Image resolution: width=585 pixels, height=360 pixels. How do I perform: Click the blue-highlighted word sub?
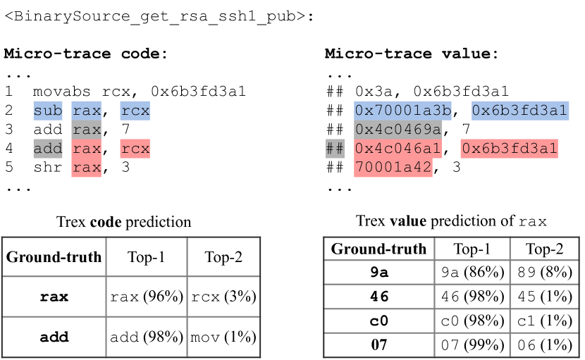[48, 111]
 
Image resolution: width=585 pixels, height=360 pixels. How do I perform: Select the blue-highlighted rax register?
[86, 111]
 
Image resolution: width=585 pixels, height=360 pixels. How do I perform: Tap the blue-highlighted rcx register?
[135, 111]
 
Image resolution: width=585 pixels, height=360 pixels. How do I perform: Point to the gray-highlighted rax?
[86, 130]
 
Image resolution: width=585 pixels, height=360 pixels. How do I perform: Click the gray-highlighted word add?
[48, 149]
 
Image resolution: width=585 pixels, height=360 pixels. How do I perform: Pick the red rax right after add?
[86, 149]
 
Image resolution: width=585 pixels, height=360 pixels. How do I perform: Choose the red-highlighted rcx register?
[135, 149]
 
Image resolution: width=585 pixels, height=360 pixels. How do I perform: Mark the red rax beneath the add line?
[86, 168]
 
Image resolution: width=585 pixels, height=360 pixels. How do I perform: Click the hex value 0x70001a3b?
[402, 111]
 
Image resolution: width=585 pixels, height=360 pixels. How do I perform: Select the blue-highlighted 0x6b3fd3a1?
[519, 111]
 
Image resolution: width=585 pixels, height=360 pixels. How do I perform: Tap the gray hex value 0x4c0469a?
[398, 130]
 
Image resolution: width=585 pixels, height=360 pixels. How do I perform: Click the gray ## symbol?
[334, 149]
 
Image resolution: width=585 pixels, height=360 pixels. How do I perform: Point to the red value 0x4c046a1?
[398, 149]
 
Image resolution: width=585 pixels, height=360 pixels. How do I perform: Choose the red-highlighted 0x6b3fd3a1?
[510, 149]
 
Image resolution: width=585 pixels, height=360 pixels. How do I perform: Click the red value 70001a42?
[393, 168]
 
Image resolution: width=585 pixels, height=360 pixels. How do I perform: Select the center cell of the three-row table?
[147, 297]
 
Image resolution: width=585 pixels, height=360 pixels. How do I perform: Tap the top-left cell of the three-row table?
[54, 256]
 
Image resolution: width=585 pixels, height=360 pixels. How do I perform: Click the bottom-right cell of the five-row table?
[543, 345]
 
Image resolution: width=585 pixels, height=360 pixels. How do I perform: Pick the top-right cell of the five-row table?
[543, 249]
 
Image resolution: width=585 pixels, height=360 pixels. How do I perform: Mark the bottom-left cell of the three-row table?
[54, 337]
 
